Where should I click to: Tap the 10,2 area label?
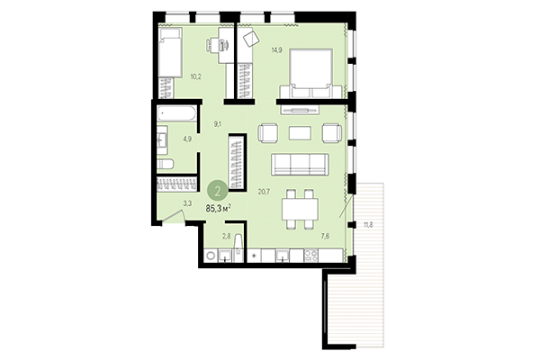coord(195,76)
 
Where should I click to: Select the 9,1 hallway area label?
coord(217,124)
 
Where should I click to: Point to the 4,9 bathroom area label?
coord(188,139)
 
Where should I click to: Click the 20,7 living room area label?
coord(264,190)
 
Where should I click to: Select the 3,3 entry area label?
coord(188,203)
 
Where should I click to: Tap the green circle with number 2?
coord(217,190)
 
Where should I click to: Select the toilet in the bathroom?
coord(166,164)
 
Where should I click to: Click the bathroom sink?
coord(163,140)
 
